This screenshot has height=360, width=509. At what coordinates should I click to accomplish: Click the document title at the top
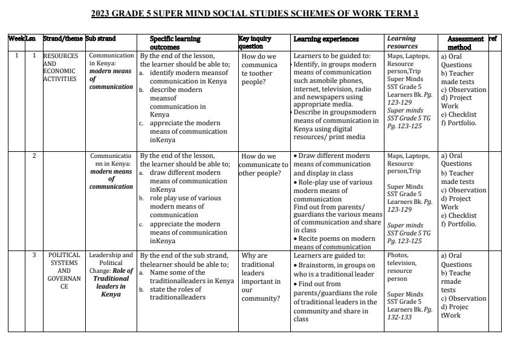coord(254,13)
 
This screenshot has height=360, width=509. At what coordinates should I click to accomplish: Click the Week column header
coord(16,39)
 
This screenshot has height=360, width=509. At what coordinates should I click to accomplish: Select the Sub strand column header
coord(101,39)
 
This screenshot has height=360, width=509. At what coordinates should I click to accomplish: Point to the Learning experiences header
coord(326,39)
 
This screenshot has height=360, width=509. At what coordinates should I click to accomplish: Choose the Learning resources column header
coord(402,42)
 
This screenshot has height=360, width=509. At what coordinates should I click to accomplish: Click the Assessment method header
coord(464,42)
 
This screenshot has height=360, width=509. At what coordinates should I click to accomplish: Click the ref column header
coord(493,39)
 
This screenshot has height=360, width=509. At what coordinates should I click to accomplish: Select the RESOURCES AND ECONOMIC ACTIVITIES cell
coord(60,67)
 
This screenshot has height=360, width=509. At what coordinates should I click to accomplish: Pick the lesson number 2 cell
coord(34,155)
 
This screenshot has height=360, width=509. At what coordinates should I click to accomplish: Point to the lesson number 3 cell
coord(34,255)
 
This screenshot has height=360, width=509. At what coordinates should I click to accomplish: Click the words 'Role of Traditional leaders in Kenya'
coord(111,283)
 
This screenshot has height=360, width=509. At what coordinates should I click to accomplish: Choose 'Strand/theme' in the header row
coord(63,39)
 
